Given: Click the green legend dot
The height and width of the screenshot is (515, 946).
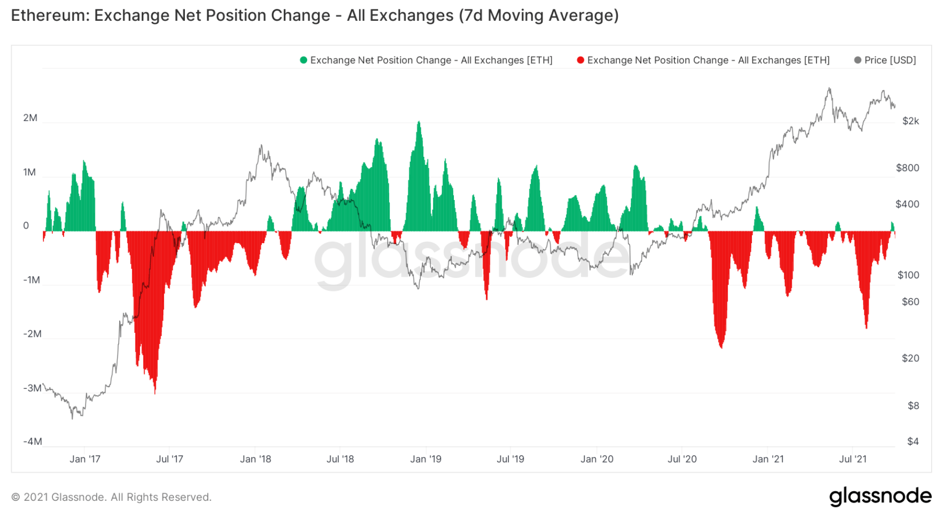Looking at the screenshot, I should point(304,60).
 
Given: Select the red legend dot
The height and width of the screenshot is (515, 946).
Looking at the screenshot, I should point(580,60).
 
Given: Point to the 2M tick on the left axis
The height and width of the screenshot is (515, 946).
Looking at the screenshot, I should point(30,118).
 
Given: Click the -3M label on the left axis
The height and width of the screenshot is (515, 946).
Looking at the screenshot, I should point(32,388).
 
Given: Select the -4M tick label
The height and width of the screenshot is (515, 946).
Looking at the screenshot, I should point(32,441).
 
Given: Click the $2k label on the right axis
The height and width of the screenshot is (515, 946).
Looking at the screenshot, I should point(910,121).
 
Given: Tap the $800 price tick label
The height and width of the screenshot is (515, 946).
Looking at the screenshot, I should point(907,168).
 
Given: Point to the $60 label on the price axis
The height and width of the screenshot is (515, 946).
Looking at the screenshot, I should point(910,302).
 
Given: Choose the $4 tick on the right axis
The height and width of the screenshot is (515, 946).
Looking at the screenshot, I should point(913,441).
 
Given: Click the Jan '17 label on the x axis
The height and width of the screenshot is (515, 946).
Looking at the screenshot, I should point(85,459).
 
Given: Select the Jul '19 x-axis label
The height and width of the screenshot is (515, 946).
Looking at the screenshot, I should point(510,459).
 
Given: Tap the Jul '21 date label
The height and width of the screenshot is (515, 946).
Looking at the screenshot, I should point(853,459).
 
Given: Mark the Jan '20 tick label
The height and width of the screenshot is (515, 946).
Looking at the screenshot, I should point(597,459).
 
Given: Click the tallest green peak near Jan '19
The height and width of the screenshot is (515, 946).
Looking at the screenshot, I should point(419,123).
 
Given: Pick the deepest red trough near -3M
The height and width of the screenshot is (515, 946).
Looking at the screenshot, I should point(155,392).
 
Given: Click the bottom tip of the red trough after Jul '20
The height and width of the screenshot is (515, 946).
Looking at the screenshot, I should point(721,348).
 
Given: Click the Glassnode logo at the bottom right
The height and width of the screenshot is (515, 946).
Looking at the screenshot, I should point(880,496).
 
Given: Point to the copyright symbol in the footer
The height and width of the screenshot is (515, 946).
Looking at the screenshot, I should point(16,497).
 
